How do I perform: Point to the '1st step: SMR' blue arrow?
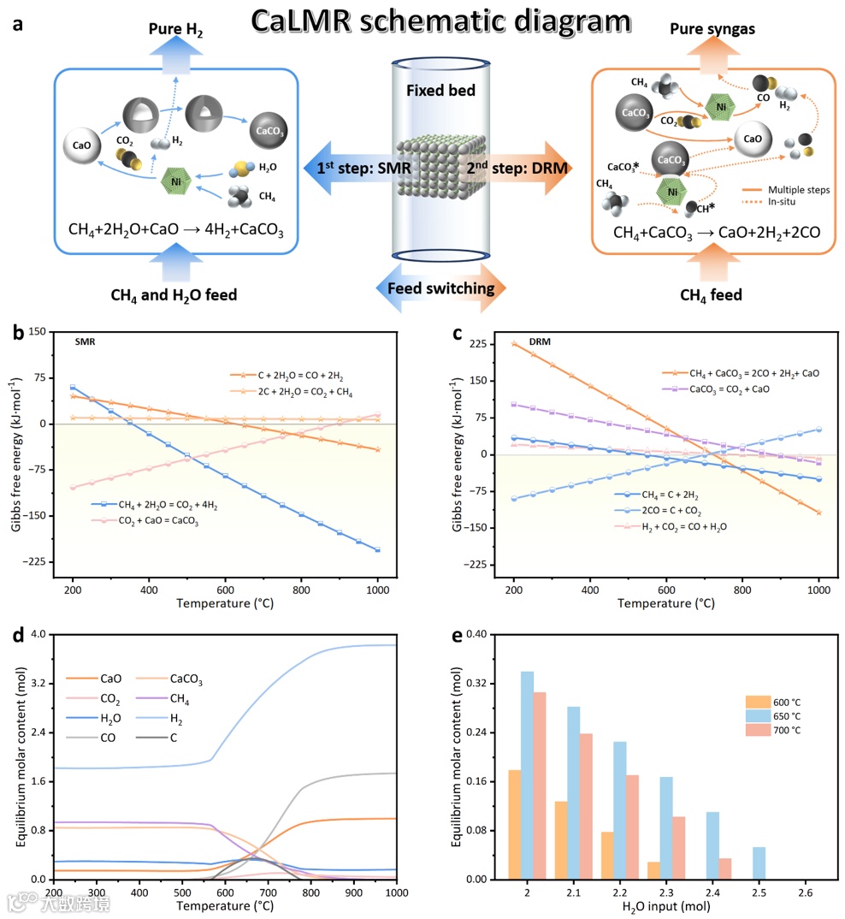point(360,169)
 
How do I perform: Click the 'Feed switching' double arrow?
point(441,288)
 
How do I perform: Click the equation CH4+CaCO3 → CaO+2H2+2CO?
point(712,232)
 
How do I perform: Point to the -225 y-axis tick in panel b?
point(47,562)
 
